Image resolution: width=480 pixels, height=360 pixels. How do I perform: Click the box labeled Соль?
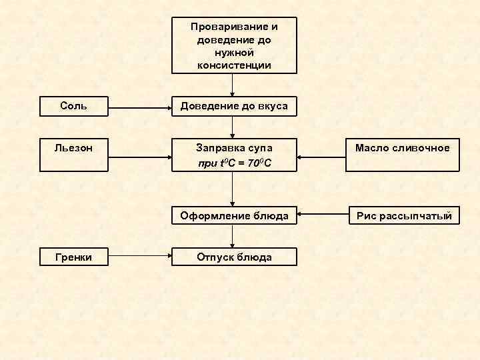coord(73,106)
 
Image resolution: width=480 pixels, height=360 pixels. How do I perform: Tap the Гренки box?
coord(73,257)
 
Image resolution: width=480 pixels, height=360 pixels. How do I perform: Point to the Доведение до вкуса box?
coord(233,106)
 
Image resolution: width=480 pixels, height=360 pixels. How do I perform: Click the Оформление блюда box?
coord(233,215)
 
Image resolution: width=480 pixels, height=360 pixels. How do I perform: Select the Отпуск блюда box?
coord(233,257)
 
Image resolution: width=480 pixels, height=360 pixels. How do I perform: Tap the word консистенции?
coord(234,65)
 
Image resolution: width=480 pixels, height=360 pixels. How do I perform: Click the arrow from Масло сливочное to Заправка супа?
coord(321,158)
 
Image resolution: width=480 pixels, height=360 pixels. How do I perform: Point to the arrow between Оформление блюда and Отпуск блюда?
coord(233,237)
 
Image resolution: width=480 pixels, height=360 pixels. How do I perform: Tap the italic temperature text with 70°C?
coord(234,163)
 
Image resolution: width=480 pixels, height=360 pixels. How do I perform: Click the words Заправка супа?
coord(234,147)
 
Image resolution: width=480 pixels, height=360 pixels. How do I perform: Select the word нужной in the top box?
coord(234,53)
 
